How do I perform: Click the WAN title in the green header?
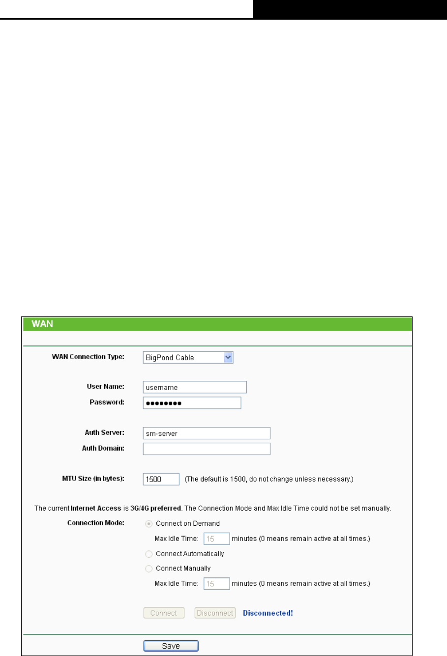tap(42, 324)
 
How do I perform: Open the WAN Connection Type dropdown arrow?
tap(228, 358)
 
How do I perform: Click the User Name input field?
tap(194, 387)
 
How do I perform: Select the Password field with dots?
tap(192, 403)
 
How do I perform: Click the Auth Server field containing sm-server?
tap(206, 433)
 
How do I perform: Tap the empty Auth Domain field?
tap(206, 449)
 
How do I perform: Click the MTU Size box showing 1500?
tap(161, 479)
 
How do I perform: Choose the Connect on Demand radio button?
tap(149, 524)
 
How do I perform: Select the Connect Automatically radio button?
tap(149, 554)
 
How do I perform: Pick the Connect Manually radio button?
tap(149, 569)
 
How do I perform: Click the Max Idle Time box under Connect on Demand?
tap(216, 539)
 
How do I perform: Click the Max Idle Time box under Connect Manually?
tap(216, 584)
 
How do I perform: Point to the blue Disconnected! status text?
tap(268, 613)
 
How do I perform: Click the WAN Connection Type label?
tap(88, 357)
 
